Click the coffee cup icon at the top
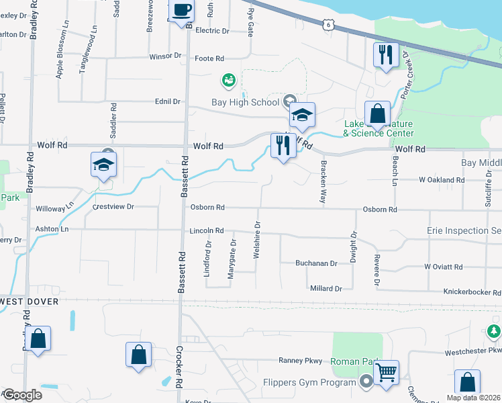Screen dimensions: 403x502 181,11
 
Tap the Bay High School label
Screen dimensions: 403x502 245,102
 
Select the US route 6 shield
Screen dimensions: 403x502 328,25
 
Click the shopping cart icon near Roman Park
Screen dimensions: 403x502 386,372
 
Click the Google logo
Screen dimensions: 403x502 22,395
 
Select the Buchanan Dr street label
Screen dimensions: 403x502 316,263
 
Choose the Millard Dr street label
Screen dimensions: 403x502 325,288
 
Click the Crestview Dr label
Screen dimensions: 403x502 113,207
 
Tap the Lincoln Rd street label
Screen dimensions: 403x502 206,230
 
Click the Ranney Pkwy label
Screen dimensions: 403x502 301,361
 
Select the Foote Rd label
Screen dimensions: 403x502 209,58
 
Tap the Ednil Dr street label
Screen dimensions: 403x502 168,101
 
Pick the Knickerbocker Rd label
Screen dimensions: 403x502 472,292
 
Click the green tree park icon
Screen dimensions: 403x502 493,331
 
